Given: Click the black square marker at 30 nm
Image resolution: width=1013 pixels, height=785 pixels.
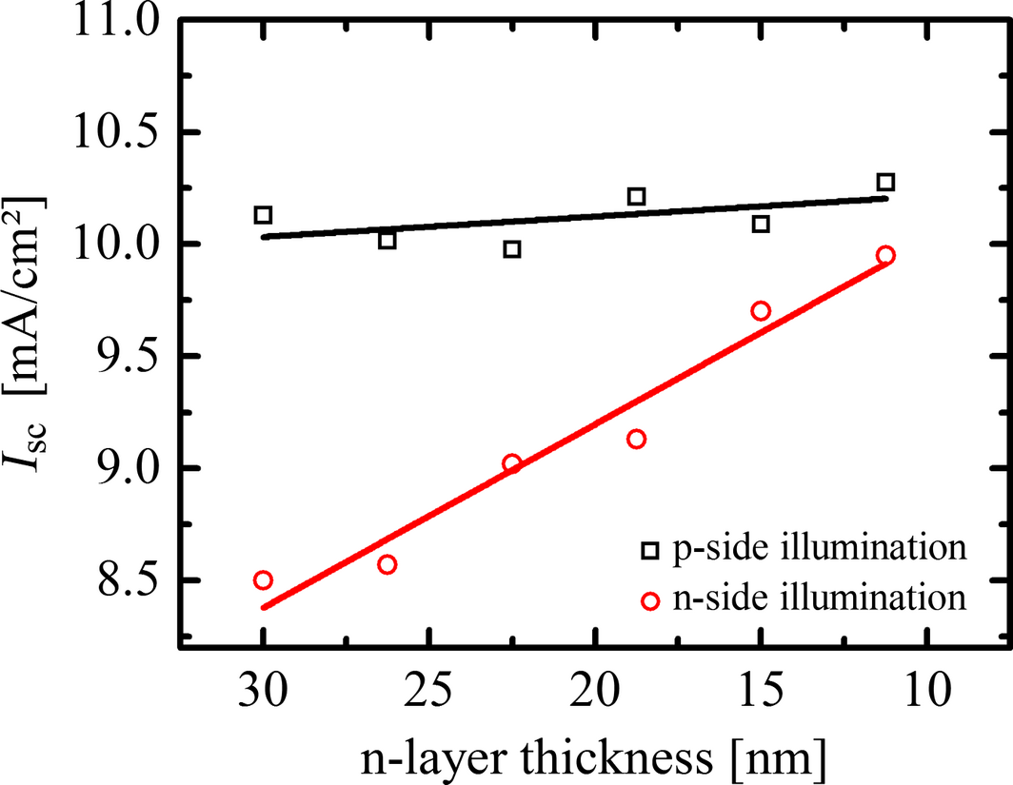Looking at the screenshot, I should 263,215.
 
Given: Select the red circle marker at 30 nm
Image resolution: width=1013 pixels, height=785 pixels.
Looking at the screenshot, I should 263,580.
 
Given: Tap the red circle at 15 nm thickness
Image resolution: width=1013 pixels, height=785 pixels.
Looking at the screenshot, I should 761,311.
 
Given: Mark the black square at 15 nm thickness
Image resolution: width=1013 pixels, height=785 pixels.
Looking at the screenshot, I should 761,225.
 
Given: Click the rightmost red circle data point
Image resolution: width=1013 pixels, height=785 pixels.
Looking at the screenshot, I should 885,255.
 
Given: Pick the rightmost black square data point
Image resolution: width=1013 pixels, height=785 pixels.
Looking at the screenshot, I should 885,183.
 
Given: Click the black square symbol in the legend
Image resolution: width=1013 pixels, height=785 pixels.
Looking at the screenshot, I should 649,550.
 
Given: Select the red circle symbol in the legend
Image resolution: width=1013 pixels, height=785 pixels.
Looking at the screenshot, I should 649,600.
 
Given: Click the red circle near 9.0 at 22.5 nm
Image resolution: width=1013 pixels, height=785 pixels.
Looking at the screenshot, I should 511,463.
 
